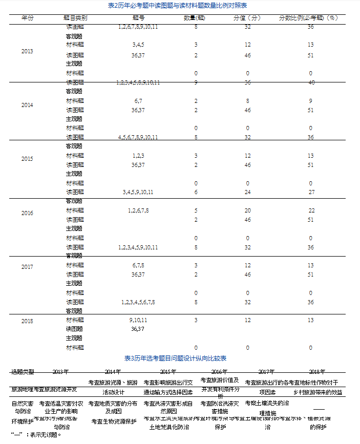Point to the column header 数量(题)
[x=196, y=17]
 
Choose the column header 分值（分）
[x=247, y=17]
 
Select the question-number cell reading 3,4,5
[x=137, y=45]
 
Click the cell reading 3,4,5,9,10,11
[x=137, y=192]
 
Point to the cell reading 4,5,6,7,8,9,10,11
[x=137, y=137]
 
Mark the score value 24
[x=247, y=192]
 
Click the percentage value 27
[x=311, y=192]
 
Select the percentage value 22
[x=311, y=210]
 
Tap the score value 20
[x=247, y=210]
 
